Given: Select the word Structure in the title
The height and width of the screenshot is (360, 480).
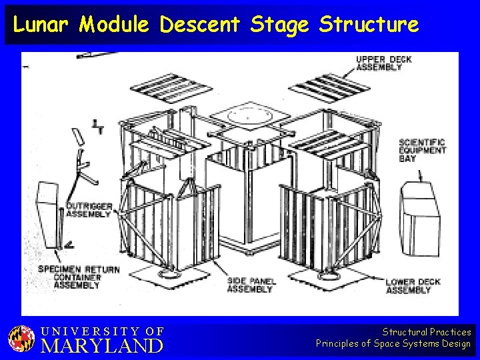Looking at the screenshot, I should tap(369, 25).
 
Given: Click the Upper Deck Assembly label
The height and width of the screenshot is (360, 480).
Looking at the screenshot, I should tap(383, 63).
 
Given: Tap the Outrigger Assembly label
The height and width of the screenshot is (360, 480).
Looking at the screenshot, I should tap(89, 210).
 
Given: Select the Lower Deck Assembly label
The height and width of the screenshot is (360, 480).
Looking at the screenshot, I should tap(413, 286).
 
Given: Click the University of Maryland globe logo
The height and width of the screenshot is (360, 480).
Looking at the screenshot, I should tap(21, 339).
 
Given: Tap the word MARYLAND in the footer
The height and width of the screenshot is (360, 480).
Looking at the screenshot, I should tap(101, 346).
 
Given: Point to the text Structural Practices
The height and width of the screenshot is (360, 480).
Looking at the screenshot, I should tap(426, 331).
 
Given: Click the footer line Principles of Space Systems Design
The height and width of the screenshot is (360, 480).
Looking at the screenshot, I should tap(393, 344).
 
